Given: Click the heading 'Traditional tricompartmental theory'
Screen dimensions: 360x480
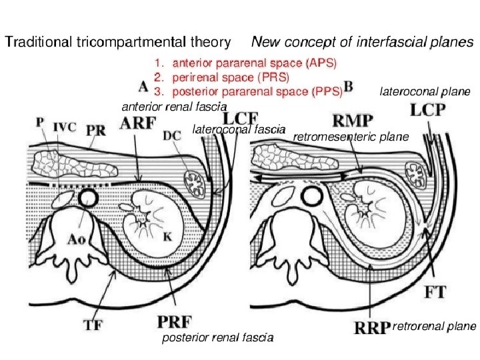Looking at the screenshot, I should tap(118, 42).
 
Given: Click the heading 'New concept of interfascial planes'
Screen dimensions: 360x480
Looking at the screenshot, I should tap(362, 42).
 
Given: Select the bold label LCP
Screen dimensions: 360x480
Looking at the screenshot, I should tap(427, 109).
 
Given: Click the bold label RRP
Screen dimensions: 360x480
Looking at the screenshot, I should tap(371, 327).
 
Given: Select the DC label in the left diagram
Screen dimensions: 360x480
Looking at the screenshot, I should tap(171, 137).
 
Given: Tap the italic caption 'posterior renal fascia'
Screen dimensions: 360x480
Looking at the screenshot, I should tap(218, 339).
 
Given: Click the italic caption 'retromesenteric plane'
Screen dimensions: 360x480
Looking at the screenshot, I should tap(351, 137).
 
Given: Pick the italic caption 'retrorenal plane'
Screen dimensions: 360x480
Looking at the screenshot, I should tap(435, 327).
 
